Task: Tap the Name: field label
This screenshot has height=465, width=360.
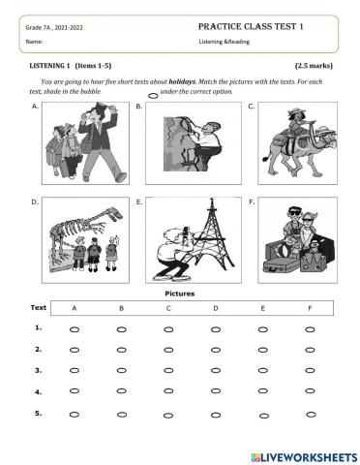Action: click(x=34, y=43)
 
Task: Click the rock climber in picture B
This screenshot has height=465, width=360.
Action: click(x=194, y=145)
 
